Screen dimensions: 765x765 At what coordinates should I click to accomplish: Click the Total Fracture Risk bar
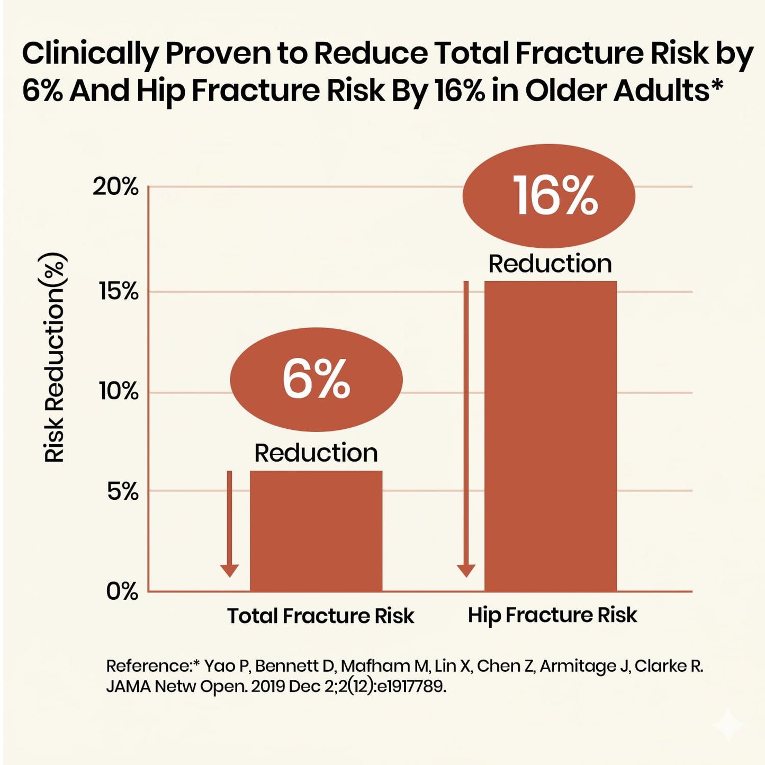click(316, 531)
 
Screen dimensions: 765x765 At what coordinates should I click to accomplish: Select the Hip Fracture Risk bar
click(551, 436)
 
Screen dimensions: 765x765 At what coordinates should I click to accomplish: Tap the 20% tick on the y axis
click(115, 187)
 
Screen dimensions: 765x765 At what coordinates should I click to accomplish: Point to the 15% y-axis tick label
click(118, 292)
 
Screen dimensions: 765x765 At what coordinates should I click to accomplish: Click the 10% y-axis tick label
click(118, 393)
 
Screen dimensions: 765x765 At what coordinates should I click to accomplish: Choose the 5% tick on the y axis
click(123, 492)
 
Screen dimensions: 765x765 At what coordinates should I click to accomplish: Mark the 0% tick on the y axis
click(122, 591)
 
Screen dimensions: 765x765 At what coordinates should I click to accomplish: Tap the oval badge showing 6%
click(317, 380)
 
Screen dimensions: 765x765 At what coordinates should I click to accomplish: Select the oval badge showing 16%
click(549, 196)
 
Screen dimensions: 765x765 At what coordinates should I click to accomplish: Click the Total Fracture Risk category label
click(321, 616)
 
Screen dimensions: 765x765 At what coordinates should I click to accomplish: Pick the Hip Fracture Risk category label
click(552, 615)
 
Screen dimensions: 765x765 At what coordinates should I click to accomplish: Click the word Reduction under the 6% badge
click(316, 453)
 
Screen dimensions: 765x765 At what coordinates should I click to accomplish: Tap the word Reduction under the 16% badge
click(550, 264)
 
